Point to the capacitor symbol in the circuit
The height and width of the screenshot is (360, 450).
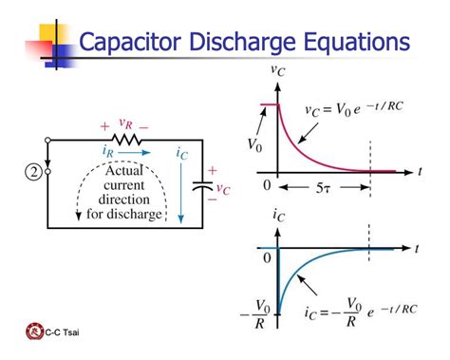point(199,187)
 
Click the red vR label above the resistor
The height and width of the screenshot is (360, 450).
point(124,123)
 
